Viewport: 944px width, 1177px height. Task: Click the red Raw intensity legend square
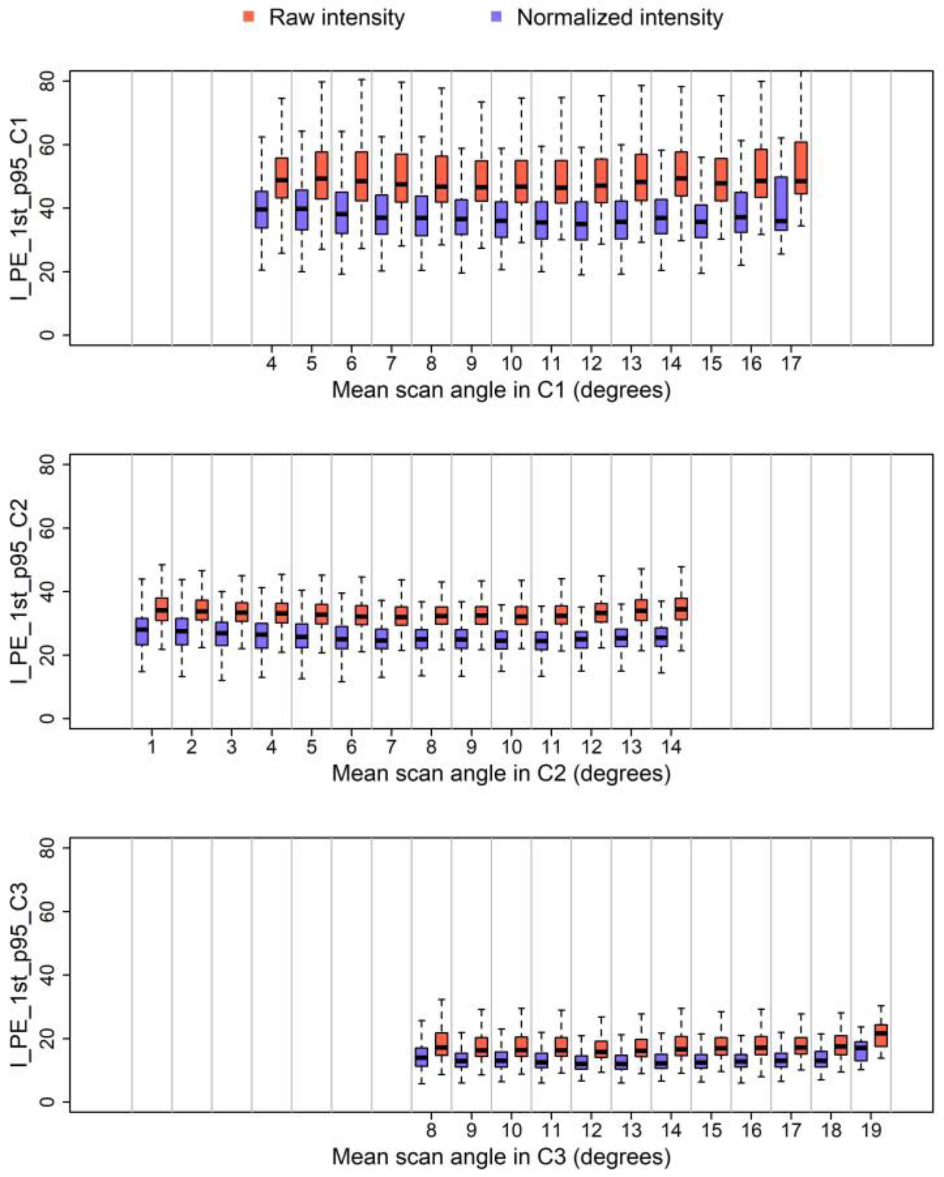point(248,17)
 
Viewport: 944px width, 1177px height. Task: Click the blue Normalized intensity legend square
point(496,17)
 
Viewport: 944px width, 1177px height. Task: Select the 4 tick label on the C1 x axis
point(271,363)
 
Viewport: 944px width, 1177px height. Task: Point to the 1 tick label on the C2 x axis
point(152,746)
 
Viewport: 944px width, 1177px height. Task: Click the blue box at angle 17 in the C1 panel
point(781,203)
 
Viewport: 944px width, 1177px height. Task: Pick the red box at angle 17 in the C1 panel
point(801,167)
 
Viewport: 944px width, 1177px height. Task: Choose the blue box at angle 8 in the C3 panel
point(421,1057)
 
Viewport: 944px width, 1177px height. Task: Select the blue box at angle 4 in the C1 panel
point(261,209)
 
